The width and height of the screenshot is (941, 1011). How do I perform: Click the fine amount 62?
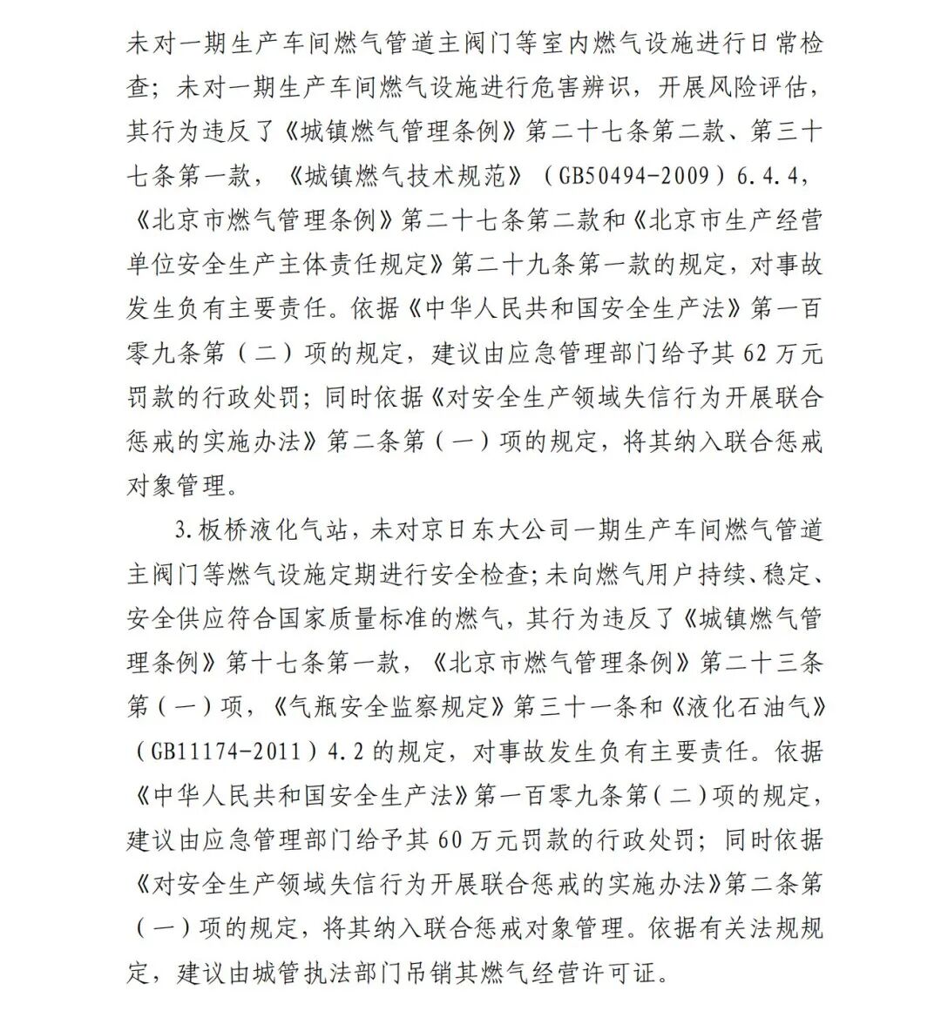tap(757, 354)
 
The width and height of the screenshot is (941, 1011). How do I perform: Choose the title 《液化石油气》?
tap(748, 707)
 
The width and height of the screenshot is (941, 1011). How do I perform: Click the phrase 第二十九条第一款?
tap(565, 265)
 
